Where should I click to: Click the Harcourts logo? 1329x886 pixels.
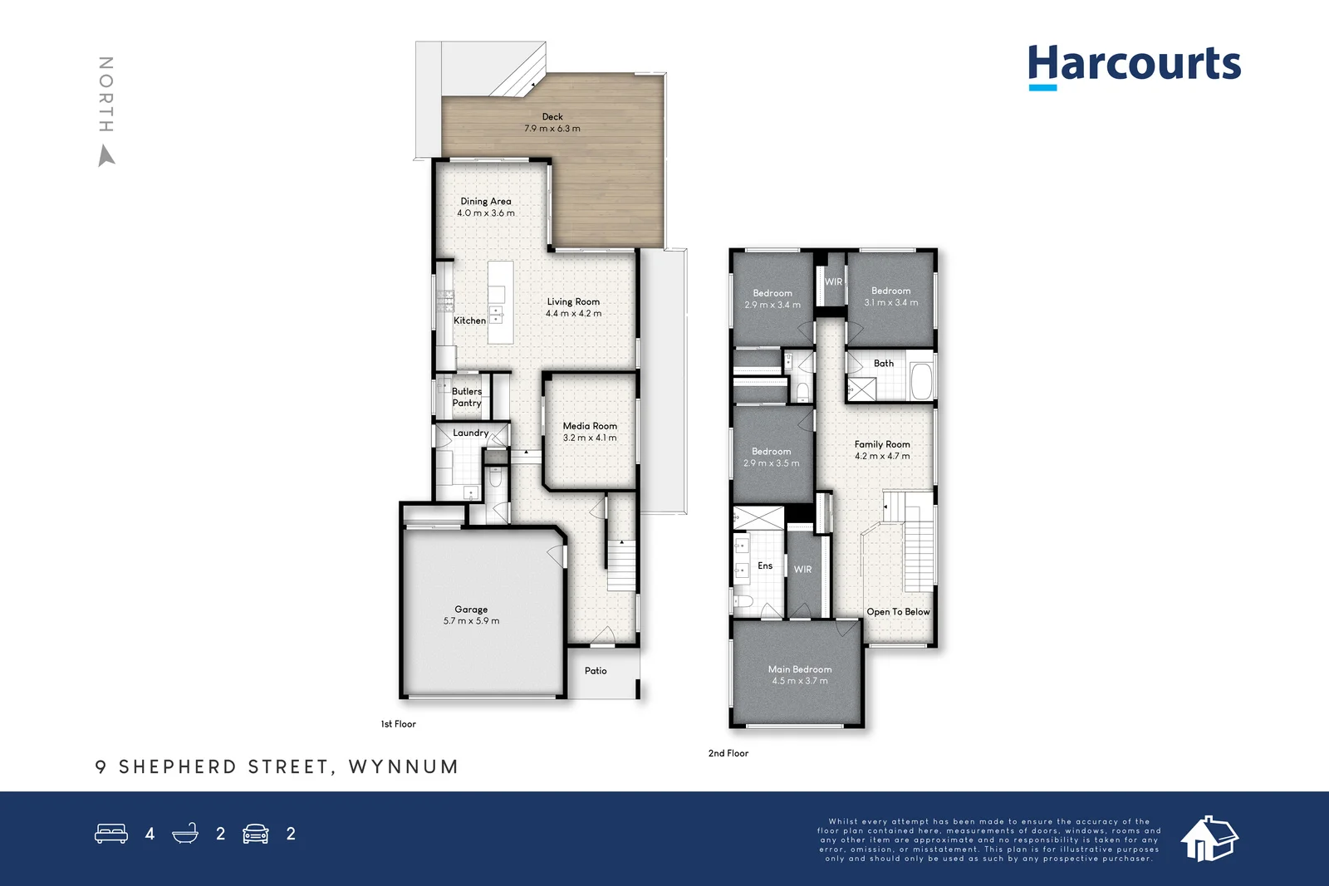tap(1135, 67)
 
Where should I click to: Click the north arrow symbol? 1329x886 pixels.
tap(105, 156)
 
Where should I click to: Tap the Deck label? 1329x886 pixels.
tap(552, 117)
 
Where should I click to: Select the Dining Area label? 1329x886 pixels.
tap(486, 201)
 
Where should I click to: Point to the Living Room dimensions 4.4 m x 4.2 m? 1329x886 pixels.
tap(574, 313)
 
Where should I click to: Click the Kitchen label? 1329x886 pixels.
tap(470, 321)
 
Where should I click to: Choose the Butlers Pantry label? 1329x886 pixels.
tap(467, 398)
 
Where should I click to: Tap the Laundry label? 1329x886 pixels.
tap(471, 433)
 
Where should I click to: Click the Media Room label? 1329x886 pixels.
tap(590, 426)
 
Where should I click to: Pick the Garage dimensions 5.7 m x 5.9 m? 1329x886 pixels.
tap(471, 621)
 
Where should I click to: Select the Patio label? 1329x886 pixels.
tap(596, 671)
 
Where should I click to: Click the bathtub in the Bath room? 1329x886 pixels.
tap(921, 381)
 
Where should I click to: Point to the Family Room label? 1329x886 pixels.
tap(882, 444)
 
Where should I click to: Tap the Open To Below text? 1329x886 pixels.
tap(898, 611)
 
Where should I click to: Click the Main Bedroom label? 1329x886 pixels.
tap(800, 669)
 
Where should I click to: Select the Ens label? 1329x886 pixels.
tap(765, 565)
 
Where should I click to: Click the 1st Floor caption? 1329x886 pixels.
tap(398, 724)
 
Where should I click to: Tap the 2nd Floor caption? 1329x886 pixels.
tap(728, 753)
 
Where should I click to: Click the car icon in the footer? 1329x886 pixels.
tap(256, 833)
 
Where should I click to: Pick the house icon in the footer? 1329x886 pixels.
tap(1209, 839)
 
